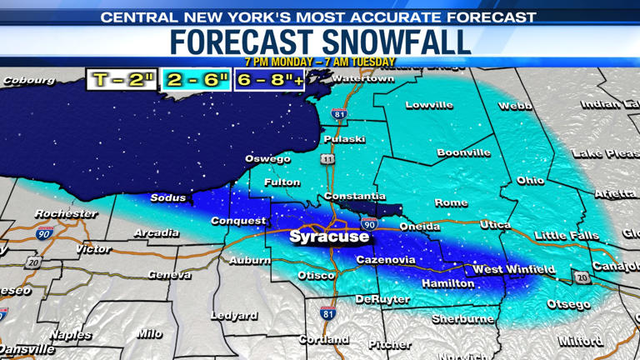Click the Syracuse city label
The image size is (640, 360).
[328, 237]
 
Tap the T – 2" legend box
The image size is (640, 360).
[123, 80]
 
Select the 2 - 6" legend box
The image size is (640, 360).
[197, 80]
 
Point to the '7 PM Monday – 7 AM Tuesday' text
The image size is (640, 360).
[320, 62]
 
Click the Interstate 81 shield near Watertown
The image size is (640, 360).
[338, 114]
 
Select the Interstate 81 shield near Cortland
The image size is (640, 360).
[328, 313]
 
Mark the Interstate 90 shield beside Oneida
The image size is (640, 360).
[369, 225]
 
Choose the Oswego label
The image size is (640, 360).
[267, 158]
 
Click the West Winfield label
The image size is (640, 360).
[513, 269]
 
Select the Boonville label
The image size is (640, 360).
[463, 152]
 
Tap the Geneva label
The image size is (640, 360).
[169, 275]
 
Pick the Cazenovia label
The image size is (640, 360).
[385, 260]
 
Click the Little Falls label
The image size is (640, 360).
[567, 236]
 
